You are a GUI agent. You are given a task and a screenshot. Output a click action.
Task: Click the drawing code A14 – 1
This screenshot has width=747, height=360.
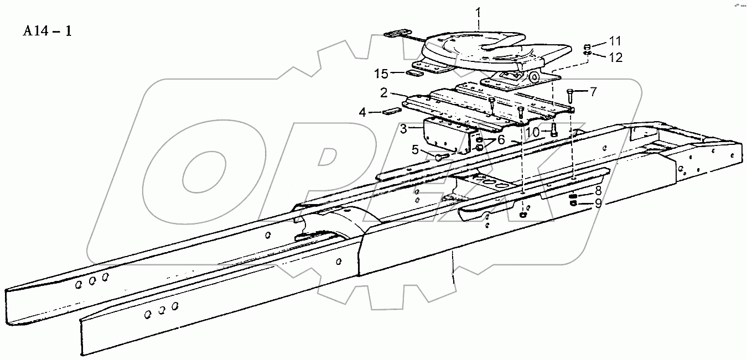point(47,31)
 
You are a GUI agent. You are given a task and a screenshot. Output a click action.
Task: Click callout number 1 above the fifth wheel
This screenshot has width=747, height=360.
point(479,12)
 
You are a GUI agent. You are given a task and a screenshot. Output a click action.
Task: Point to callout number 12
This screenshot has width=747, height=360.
point(616,56)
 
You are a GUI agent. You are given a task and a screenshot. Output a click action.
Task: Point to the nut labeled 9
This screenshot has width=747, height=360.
point(574,204)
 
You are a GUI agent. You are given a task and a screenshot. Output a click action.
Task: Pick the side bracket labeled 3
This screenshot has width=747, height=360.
point(445,137)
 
